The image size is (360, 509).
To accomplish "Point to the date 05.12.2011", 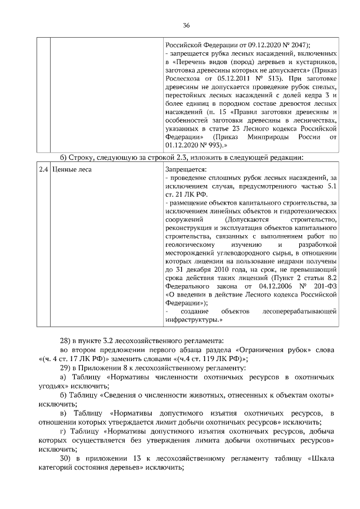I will click(x=228, y=79).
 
